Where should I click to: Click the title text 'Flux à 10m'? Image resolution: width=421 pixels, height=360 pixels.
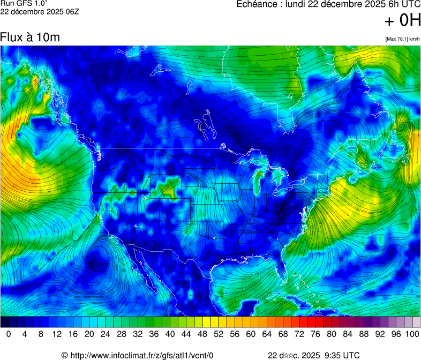coord(30,37)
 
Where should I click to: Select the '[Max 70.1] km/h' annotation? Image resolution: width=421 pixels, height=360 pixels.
coord(402,39)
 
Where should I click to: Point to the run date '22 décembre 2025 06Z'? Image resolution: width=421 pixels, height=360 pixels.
coord(40,12)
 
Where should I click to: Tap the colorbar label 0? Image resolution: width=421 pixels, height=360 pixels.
coord(9,334)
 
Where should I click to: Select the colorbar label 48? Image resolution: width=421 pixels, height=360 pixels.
coord(202,334)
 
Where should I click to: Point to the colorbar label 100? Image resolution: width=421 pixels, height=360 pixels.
coord(412,334)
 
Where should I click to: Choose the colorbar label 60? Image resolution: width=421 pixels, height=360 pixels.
coord(251,334)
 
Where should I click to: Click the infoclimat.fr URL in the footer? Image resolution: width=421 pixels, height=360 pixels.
coord(142,355)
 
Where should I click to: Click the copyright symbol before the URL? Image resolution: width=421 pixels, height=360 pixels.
coord(65,355)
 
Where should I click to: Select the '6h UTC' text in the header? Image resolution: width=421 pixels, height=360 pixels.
coord(402,4)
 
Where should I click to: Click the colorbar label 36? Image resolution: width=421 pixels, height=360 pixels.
coord(154,334)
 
